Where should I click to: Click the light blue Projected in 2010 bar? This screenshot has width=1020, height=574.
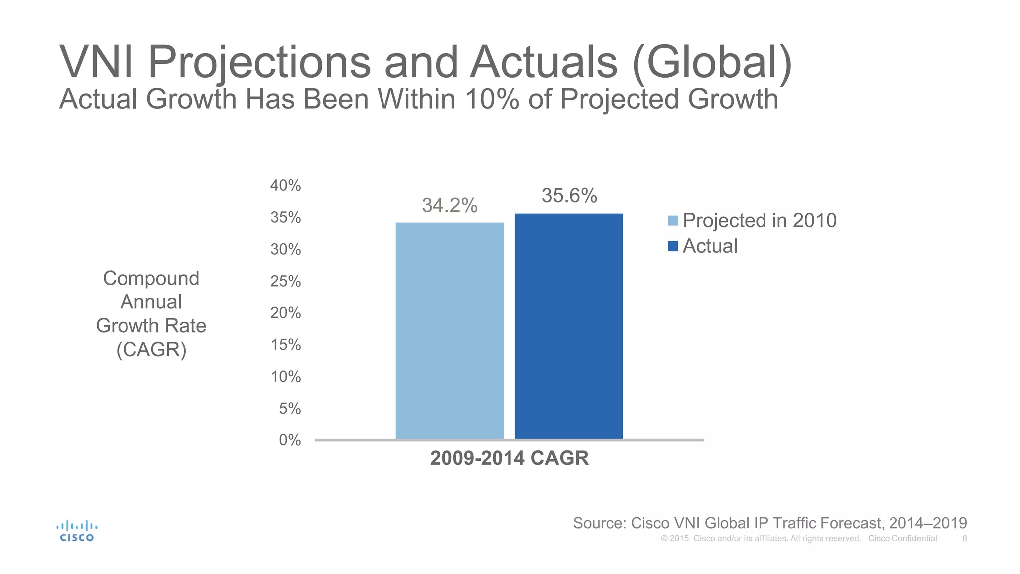point(450,331)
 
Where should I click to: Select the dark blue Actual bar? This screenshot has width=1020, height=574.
point(569,326)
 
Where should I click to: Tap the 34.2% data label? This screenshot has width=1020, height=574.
point(450,205)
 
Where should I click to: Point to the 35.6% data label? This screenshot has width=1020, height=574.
point(569,196)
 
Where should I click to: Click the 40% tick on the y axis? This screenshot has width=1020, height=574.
point(286,186)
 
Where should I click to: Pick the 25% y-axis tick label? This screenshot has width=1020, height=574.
point(286,282)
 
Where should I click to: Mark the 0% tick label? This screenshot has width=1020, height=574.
point(290,440)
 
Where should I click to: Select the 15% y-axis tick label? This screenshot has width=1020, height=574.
point(286,345)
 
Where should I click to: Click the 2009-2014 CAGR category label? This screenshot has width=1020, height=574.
point(509,458)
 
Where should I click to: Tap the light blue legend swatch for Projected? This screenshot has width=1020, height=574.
point(673,221)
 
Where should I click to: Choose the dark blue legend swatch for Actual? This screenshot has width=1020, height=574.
point(673,246)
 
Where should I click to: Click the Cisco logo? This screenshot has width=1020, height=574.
point(77,531)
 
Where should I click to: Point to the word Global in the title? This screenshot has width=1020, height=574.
point(712,63)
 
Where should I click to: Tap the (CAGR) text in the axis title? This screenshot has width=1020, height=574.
point(151,350)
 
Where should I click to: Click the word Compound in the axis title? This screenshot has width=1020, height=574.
point(151,278)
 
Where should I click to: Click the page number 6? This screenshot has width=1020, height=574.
point(965,539)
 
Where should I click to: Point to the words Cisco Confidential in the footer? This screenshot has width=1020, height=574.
point(902,539)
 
